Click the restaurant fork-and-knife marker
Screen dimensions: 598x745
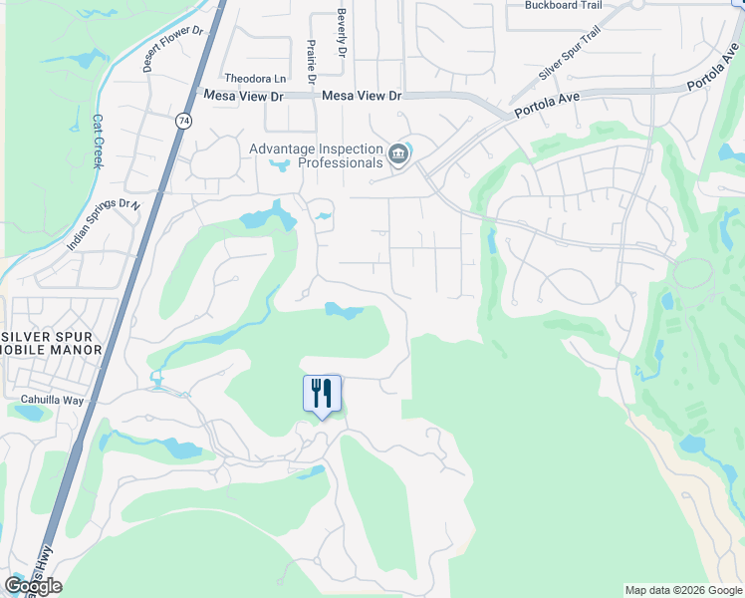[322, 393]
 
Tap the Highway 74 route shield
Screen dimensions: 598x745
[182, 121]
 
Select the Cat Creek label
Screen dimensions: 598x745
[98, 141]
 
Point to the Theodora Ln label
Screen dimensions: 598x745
[255, 78]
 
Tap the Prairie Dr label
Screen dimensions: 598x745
[311, 62]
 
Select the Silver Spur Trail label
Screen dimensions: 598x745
[570, 61]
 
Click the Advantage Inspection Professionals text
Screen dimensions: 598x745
[316, 155]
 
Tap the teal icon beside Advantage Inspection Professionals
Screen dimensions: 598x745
[399, 154]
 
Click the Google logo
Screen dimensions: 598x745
[33, 585]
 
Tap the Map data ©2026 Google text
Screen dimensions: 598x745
[682, 590]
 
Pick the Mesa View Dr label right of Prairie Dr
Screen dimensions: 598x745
[362, 96]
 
